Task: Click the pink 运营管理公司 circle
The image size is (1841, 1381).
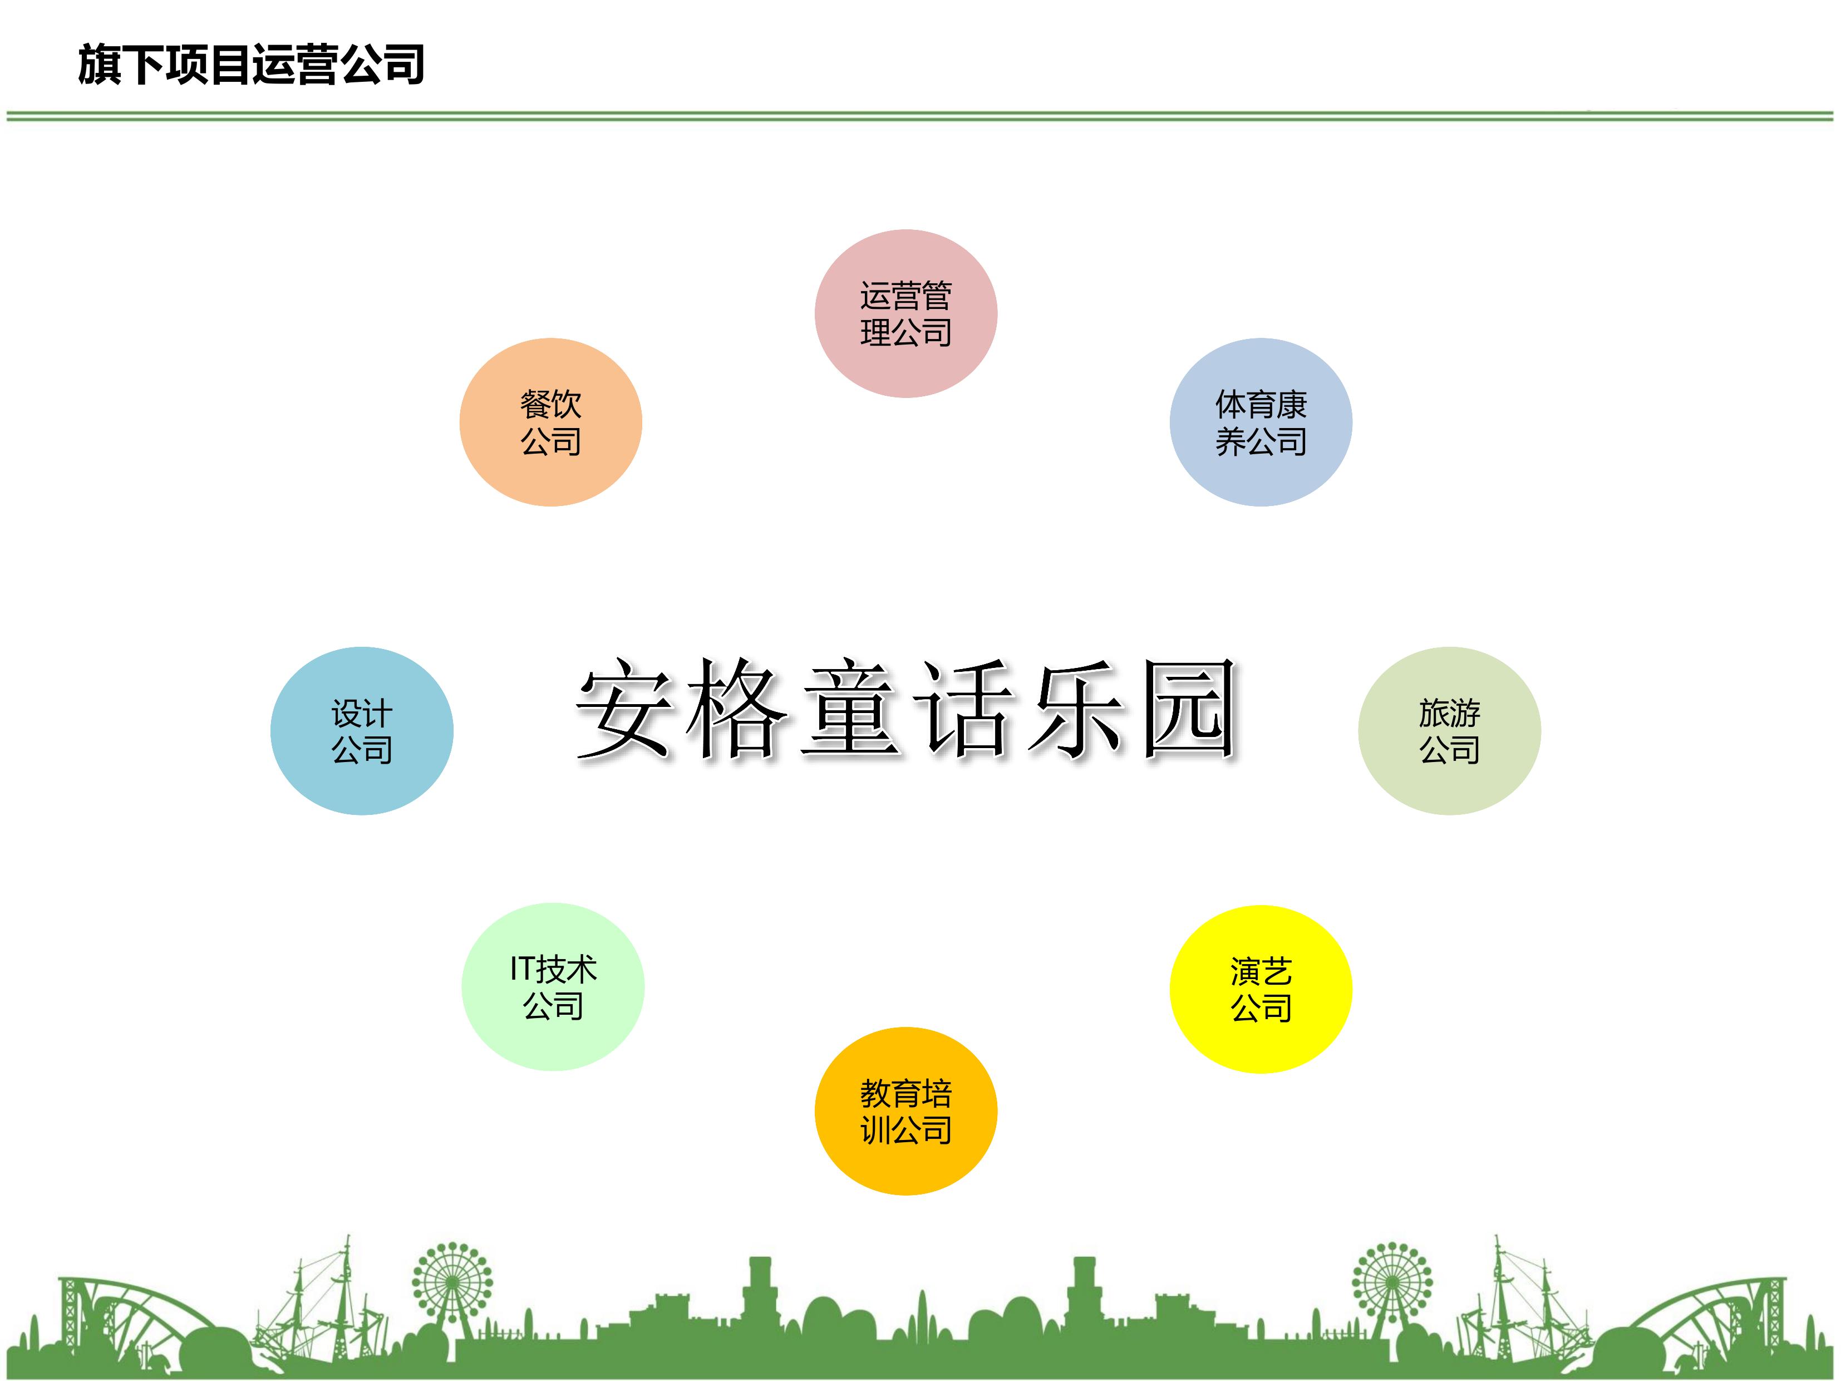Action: (x=905, y=314)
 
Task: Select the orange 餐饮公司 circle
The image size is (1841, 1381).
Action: (x=550, y=422)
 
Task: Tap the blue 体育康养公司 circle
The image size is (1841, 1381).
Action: (x=1261, y=422)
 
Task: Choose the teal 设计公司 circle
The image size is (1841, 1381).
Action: (x=361, y=731)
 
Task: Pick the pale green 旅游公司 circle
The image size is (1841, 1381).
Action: (x=1450, y=731)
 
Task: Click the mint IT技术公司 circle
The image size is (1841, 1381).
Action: (x=553, y=986)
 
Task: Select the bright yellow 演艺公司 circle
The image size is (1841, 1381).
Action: (x=1261, y=989)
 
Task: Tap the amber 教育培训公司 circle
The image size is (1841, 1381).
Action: (x=905, y=1111)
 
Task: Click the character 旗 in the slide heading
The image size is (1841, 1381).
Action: (x=100, y=65)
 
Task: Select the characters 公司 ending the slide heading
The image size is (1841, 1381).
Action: (x=383, y=65)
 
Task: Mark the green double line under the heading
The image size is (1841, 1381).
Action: (x=920, y=116)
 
